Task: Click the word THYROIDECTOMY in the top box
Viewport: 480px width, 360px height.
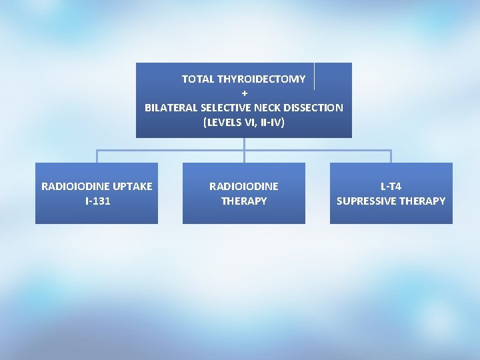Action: (x=261, y=79)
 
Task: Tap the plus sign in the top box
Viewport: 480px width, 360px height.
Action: (x=244, y=93)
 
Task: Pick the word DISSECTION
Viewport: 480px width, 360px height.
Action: (x=316, y=108)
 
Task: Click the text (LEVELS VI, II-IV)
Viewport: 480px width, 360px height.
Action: (x=244, y=123)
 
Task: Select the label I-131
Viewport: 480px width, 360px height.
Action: (x=97, y=201)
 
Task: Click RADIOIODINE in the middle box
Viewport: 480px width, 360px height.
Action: (x=244, y=187)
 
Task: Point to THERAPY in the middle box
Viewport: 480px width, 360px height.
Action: (x=244, y=201)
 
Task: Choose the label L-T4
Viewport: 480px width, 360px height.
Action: (x=391, y=187)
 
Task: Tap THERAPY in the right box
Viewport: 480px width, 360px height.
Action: (x=423, y=201)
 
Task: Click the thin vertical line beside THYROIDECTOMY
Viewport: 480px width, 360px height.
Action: (x=314, y=76)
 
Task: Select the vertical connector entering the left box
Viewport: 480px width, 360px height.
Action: (x=97, y=157)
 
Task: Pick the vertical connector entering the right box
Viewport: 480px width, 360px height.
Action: (x=391, y=157)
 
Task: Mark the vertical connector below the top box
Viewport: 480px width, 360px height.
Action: (x=244, y=144)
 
